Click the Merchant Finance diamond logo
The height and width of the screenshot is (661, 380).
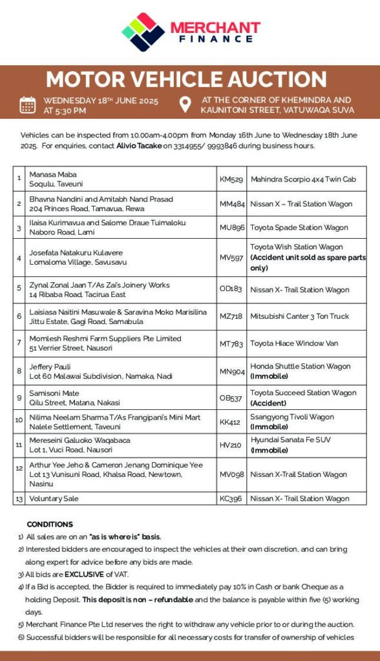[x=143, y=32]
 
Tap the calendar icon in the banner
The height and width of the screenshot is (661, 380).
[x=28, y=105]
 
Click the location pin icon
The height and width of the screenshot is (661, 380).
[x=185, y=105]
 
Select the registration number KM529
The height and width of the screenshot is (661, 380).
[x=231, y=179]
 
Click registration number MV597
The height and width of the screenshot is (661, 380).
[x=232, y=258]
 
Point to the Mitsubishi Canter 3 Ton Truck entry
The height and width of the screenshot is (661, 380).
[x=299, y=317]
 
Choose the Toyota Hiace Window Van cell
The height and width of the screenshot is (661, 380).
[x=294, y=343]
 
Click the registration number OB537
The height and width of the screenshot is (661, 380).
[x=231, y=398]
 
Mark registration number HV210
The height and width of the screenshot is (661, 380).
[x=231, y=445]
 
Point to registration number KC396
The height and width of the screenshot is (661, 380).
[x=231, y=498]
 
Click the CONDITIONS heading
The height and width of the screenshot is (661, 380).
[x=50, y=524]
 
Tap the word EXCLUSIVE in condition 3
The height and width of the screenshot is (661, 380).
[x=84, y=574]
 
